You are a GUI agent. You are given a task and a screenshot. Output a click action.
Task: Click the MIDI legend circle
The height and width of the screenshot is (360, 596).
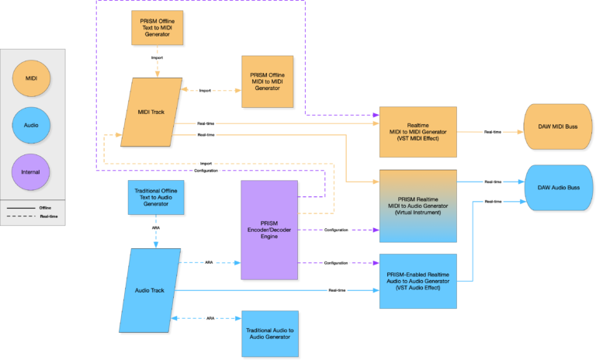(31, 78)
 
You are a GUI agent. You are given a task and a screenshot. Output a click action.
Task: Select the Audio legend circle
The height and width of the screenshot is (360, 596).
(31, 123)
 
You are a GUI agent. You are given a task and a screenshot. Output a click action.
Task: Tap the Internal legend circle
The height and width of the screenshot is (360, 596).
(31, 171)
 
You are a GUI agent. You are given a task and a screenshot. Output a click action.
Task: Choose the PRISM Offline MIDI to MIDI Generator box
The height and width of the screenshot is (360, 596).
(267, 81)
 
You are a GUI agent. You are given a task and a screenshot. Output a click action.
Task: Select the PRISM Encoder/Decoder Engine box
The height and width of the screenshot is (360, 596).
(269, 230)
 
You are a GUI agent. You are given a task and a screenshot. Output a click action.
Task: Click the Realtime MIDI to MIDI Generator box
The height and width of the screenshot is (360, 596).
(418, 133)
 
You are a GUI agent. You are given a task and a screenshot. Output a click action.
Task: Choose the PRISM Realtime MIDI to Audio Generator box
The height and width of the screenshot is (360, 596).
(418, 205)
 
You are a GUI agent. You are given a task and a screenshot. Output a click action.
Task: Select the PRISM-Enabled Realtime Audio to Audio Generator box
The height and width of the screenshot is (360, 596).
(418, 281)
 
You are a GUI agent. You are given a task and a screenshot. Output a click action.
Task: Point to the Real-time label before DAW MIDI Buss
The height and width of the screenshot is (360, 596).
(492, 132)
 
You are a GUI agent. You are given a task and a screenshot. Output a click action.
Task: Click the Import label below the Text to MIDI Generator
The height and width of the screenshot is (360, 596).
(157, 57)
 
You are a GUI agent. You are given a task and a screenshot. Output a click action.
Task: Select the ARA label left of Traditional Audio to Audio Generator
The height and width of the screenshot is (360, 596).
(210, 318)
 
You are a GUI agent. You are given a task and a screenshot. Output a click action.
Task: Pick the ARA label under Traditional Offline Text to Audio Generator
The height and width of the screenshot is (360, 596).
(156, 228)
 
